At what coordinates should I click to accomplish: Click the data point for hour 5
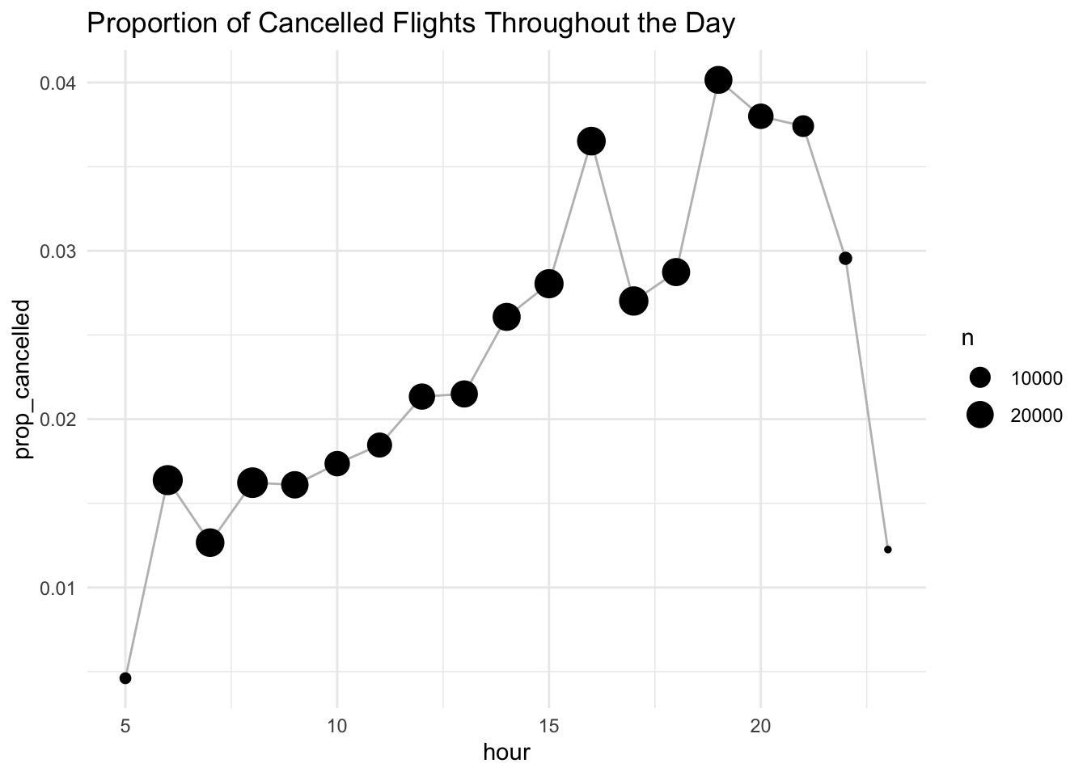click(x=125, y=677)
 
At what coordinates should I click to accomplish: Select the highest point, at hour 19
click(x=718, y=80)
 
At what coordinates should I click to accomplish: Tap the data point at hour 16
click(x=591, y=141)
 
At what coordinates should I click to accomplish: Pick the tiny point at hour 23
click(x=887, y=550)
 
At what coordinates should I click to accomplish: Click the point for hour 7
click(x=210, y=542)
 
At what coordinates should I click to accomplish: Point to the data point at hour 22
click(x=845, y=259)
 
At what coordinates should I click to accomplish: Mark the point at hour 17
click(x=633, y=301)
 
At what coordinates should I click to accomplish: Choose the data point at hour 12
click(x=421, y=396)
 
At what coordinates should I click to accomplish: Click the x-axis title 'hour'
click(x=506, y=753)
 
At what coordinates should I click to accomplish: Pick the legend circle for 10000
click(x=980, y=377)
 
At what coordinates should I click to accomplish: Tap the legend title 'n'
click(x=967, y=339)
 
